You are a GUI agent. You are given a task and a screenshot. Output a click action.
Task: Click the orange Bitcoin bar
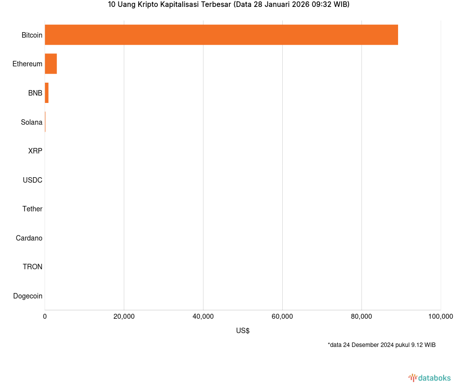pos(221,35)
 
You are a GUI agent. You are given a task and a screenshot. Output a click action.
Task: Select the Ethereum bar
pos(51,64)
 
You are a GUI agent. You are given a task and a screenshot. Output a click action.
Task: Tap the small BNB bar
pos(47,93)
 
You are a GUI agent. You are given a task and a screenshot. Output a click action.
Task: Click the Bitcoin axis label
pos(32,35)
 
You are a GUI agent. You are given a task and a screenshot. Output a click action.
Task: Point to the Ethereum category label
pos(27,64)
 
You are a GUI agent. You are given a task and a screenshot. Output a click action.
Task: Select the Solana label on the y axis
pos(31,122)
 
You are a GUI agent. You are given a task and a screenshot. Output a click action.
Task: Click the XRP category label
pos(35,151)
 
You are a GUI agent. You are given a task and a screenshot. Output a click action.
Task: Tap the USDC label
pos(32,180)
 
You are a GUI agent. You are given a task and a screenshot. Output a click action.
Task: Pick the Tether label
pos(32,209)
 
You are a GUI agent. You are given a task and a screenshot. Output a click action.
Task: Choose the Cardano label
pos(29,238)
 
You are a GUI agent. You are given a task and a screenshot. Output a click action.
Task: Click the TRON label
pos(32,267)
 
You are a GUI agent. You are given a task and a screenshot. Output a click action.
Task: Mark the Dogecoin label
pos(27,296)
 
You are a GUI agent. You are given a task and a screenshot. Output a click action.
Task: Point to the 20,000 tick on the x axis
pos(124,317)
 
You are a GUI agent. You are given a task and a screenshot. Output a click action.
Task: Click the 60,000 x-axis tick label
pos(282,317)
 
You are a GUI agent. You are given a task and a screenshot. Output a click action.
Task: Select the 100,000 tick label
pos(440,317)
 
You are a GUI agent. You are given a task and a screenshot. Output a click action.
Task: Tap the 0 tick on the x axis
pos(45,317)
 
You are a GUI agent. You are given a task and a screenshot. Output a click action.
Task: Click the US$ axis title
pos(243,331)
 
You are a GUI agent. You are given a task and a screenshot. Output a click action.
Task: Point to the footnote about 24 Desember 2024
pos(381,345)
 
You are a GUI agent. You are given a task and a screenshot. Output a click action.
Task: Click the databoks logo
pos(430,378)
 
